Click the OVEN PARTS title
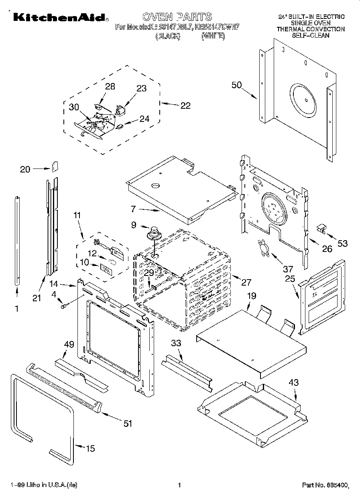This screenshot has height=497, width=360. click(x=177, y=16)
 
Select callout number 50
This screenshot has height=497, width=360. click(x=237, y=85)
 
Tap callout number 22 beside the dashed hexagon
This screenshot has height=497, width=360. click(x=185, y=105)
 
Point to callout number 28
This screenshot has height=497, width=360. click(x=110, y=86)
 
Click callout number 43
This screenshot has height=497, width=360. click(x=294, y=383)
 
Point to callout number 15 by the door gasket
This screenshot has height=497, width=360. click(x=91, y=448)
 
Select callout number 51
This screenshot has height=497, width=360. click(x=128, y=423)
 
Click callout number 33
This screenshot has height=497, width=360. click(x=176, y=343)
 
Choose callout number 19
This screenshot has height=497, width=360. click(x=251, y=296)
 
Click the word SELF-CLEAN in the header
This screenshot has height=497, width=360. click(x=311, y=35)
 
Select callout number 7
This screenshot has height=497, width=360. click(x=133, y=209)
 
